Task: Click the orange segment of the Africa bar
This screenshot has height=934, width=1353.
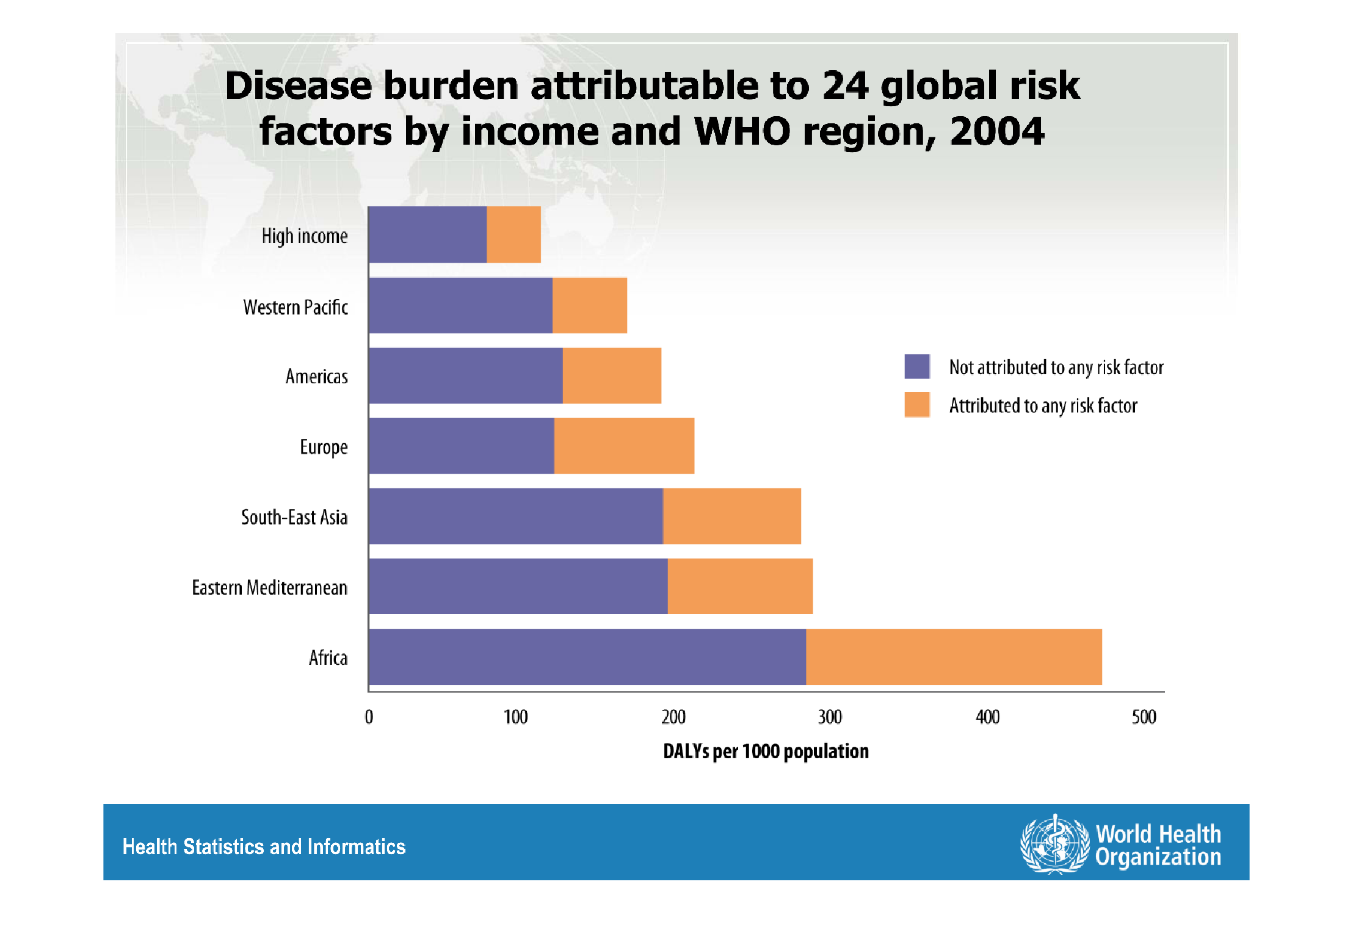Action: pos(954,657)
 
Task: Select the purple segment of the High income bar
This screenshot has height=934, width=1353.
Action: pos(427,235)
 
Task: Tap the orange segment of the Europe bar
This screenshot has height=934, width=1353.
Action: pos(624,446)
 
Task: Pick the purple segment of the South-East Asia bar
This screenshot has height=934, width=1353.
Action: pos(516,516)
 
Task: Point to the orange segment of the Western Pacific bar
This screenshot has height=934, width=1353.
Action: pos(589,305)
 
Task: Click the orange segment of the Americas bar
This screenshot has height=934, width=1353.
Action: pos(612,375)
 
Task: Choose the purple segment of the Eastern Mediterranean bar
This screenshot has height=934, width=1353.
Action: pos(518,586)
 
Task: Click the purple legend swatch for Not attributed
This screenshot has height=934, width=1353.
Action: pos(917,366)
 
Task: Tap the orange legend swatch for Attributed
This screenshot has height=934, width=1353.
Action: pos(917,405)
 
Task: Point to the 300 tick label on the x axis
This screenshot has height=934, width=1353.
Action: pos(830,717)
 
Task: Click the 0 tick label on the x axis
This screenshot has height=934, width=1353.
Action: pos(369,717)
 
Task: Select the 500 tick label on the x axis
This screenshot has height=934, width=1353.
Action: pos(1144,717)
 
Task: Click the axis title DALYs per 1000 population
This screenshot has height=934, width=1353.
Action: pos(766,751)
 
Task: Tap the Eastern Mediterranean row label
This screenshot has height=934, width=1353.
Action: pos(269,587)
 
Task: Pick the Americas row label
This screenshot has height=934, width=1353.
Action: pos(316,376)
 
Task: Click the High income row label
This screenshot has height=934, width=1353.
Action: pos(305,236)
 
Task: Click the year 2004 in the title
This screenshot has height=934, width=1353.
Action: pos(996,132)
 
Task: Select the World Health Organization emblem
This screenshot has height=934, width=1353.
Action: pos(1054,845)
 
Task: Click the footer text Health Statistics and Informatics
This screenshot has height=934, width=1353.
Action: pos(264,847)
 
